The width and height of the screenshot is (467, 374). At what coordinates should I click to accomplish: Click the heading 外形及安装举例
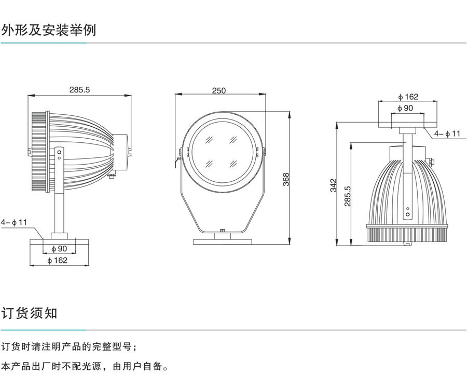49,30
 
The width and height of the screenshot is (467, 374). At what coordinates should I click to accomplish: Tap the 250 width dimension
219,90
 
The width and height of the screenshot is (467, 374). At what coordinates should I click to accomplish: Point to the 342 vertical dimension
334,185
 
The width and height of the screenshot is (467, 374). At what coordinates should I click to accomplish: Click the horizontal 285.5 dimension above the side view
80,89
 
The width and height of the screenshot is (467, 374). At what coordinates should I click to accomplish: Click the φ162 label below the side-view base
58,260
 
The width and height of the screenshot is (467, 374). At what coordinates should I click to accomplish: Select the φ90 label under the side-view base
59,248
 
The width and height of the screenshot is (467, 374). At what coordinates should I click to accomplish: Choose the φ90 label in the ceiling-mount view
405,108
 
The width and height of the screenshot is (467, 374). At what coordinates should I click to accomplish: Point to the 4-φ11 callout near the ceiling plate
447,133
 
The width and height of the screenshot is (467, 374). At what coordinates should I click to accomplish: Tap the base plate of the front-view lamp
222,241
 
